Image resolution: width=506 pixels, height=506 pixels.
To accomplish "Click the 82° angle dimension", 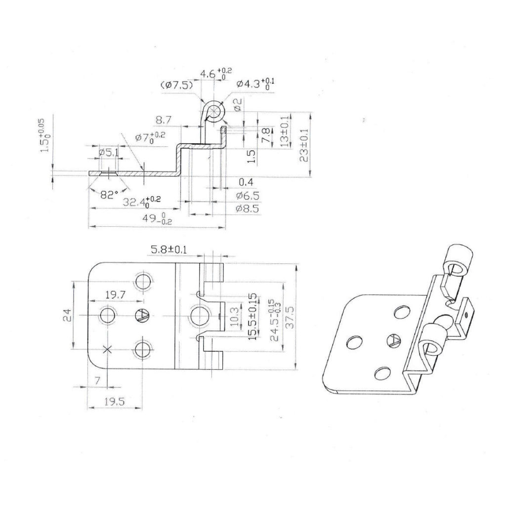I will [x=109, y=194].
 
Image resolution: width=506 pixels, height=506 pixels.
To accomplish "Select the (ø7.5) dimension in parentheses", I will [x=177, y=85].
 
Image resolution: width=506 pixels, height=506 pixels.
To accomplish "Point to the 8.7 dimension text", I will [x=164, y=120].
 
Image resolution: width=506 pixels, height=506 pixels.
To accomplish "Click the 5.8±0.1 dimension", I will [x=169, y=251].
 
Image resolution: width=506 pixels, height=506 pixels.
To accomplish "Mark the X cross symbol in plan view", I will [x=107, y=349].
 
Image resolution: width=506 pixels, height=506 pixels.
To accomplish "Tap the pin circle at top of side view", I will [x=214, y=110].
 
